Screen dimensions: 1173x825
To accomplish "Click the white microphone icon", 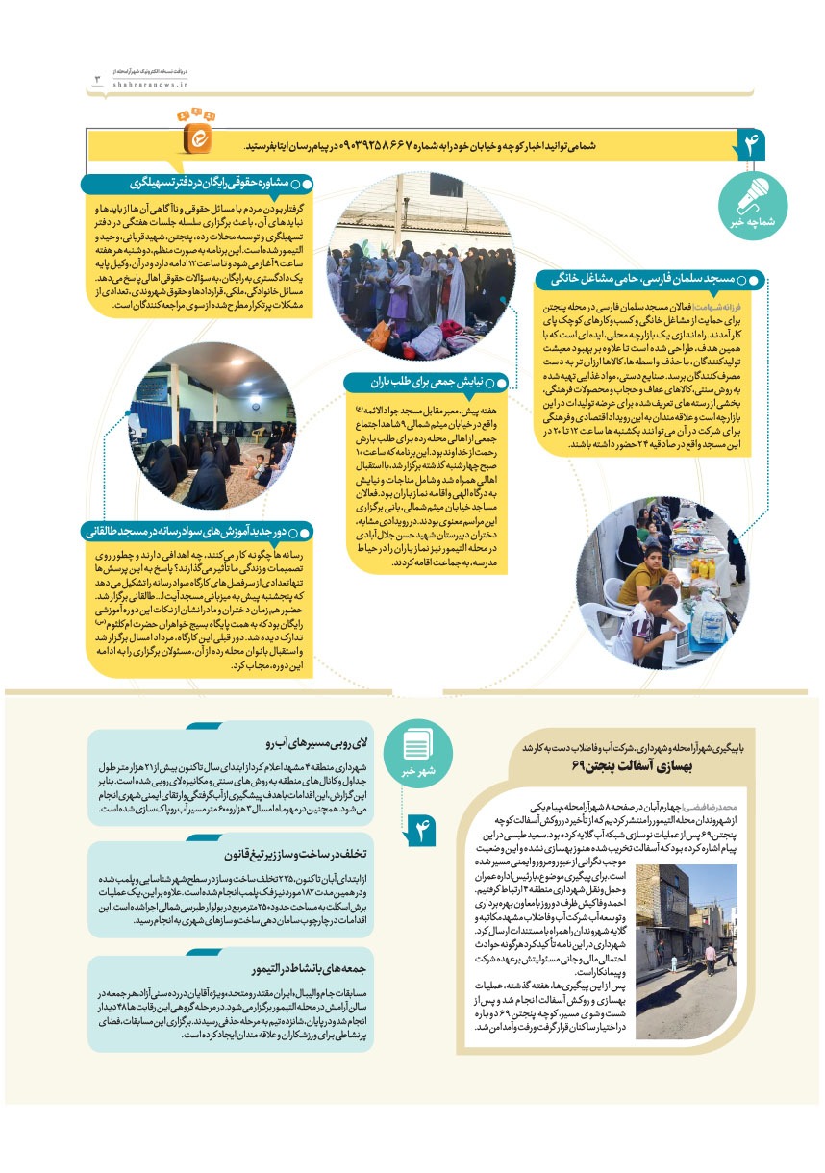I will coord(751,198).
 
